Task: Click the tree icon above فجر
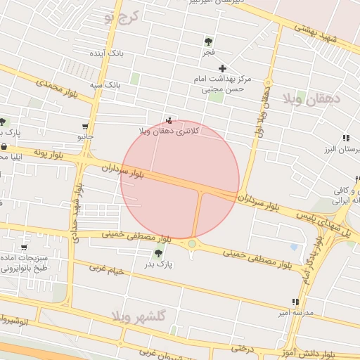click(x=208, y=41)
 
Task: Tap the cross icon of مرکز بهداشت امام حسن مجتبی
click(x=223, y=68)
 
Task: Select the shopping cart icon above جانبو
click(x=86, y=126)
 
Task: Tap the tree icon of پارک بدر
click(x=158, y=253)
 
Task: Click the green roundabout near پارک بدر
click(x=191, y=244)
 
